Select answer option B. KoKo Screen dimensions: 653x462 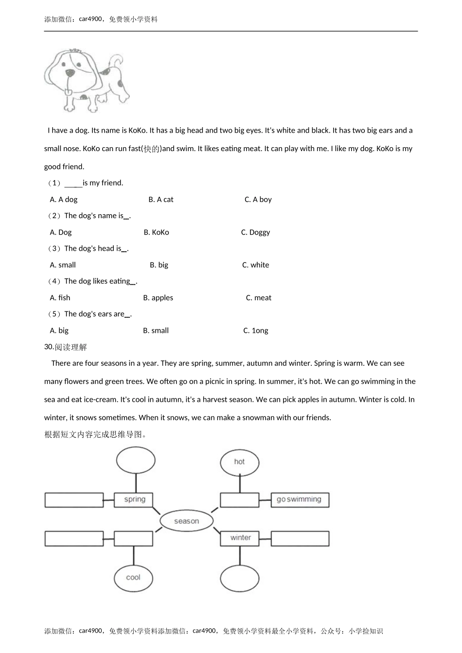[156, 232]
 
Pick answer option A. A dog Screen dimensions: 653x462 [64, 199]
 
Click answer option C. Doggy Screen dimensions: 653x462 [255, 232]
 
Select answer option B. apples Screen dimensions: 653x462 [158, 298]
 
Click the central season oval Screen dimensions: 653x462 [186, 521]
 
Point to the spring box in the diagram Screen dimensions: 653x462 [134, 499]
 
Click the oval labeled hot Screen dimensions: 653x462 [239, 462]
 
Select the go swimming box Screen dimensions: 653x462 [300, 499]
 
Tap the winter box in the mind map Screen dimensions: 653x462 [240, 538]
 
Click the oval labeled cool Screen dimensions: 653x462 [133, 577]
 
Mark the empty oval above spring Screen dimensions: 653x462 [136, 460]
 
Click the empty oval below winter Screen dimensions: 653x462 [240, 578]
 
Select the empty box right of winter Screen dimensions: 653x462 [300, 538]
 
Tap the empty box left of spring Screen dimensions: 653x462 [74, 500]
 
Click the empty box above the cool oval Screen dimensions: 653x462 [134, 538]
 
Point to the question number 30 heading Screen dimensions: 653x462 [65, 347]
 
